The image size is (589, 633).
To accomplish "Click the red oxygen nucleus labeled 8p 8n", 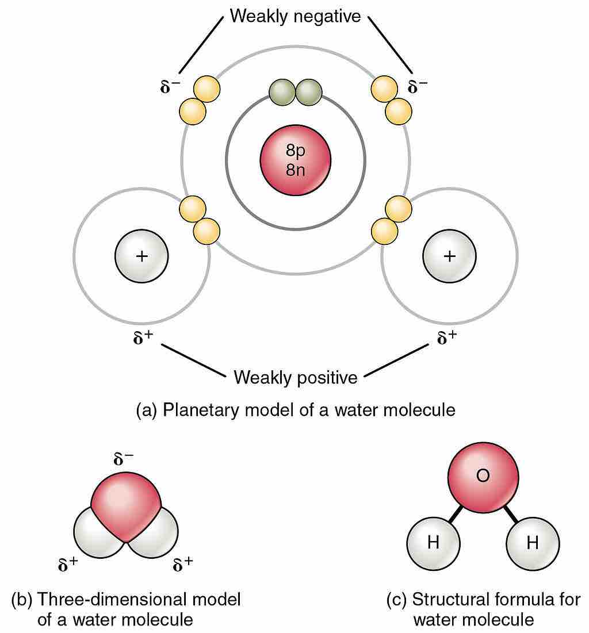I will (x=295, y=160).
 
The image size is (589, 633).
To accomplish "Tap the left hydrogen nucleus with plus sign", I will (x=141, y=256).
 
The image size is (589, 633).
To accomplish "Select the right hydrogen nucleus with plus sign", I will (x=449, y=256).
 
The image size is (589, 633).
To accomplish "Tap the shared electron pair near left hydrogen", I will (x=199, y=220).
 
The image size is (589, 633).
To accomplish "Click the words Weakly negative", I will (x=295, y=16).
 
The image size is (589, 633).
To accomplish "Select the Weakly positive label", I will (x=295, y=378).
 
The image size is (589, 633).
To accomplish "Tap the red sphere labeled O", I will (x=483, y=477).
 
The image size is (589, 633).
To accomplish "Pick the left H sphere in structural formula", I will (x=433, y=543).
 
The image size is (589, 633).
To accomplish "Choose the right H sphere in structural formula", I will (x=533, y=543).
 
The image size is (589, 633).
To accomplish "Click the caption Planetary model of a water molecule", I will (x=295, y=410).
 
